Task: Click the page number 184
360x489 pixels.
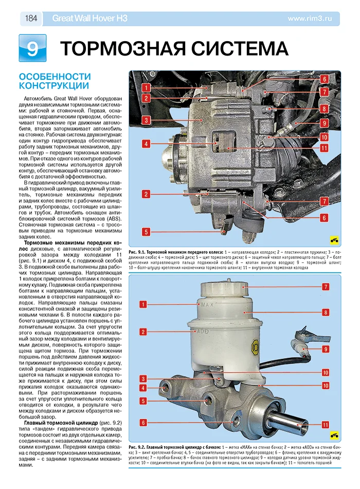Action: pyautogui.click(x=30, y=19)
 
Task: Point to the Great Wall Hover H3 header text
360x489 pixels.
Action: pyautogui.click(x=89, y=19)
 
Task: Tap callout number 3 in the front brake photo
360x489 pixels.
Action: pyautogui.click(x=146, y=120)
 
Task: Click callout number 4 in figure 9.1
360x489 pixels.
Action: pyautogui.click(x=146, y=144)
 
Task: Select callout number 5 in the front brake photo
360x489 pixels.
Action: pyautogui.click(x=146, y=232)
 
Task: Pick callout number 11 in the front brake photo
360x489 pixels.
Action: pyautogui.click(x=324, y=148)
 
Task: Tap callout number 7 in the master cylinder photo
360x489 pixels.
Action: pyautogui.click(x=326, y=286)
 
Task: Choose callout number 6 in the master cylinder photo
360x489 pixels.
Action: pyautogui.click(x=143, y=422)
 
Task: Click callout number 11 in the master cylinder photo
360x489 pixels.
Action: pyautogui.click(x=326, y=425)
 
